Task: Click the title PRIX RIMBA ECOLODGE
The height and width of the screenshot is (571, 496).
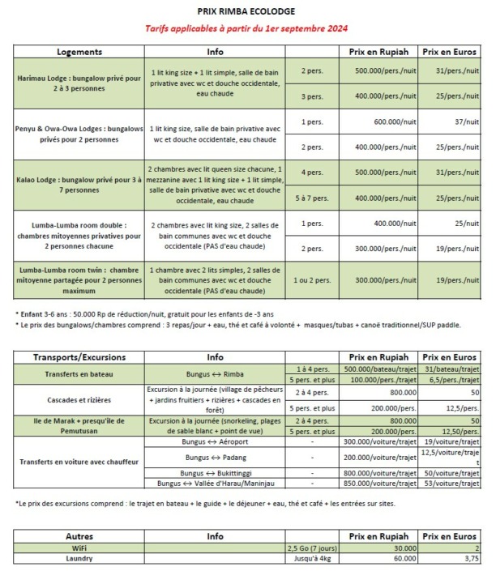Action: click(x=246, y=12)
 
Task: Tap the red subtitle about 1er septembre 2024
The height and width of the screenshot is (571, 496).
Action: click(x=246, y=29)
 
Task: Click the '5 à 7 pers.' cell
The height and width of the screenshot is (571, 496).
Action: click(x=313, y=197)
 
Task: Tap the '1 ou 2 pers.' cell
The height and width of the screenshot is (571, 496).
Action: click(x=313, y=279)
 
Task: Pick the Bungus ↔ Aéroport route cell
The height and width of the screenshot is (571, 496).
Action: click(x=215, y=442)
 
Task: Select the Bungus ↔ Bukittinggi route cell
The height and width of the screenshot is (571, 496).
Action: click(x=215, y=472)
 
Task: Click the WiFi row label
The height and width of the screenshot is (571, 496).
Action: click(x=79, y=548)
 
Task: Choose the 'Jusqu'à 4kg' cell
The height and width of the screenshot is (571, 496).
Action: click(x=313, y=559)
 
